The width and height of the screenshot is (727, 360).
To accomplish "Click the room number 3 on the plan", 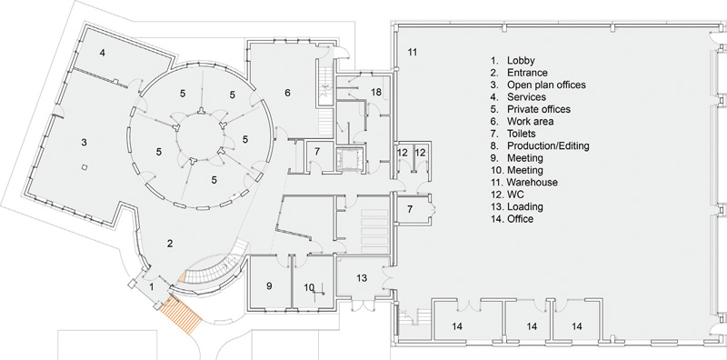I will (x=84, y=143).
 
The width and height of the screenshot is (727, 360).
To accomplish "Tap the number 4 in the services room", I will (x=103, y=54).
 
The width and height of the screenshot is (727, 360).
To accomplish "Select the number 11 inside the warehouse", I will (x=412, y=53).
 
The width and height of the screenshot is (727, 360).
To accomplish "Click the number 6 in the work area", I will (x=287, y=93).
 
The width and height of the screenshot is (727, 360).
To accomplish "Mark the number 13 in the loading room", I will (x=360, y=277).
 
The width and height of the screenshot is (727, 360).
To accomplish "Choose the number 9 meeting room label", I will (x=270, y=286).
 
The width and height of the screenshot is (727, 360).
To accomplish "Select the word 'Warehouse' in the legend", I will (x=532, y=182).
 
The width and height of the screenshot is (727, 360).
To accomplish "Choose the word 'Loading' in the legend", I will (x=526, y=206).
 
